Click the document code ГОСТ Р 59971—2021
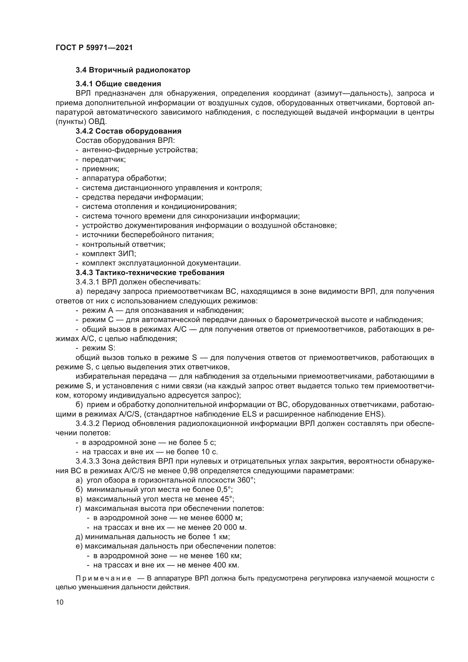(94, 48)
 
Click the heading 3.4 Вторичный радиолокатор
(133, 70)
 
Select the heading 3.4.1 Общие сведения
(118, 84)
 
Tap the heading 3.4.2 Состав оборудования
(128, 131)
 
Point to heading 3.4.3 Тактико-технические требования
(150, 273)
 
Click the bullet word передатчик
(104, 159)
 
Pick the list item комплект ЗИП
(109, 254)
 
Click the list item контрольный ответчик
(124, 245)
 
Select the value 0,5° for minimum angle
(224, 490)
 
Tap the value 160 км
(228, 556)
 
